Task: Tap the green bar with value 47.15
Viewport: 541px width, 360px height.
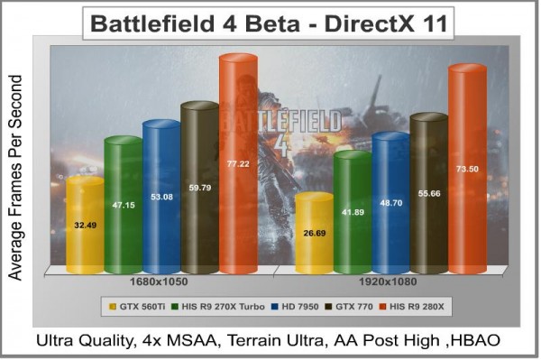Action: tap(123, 205)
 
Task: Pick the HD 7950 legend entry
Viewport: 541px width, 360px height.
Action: tap(301, 306)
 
